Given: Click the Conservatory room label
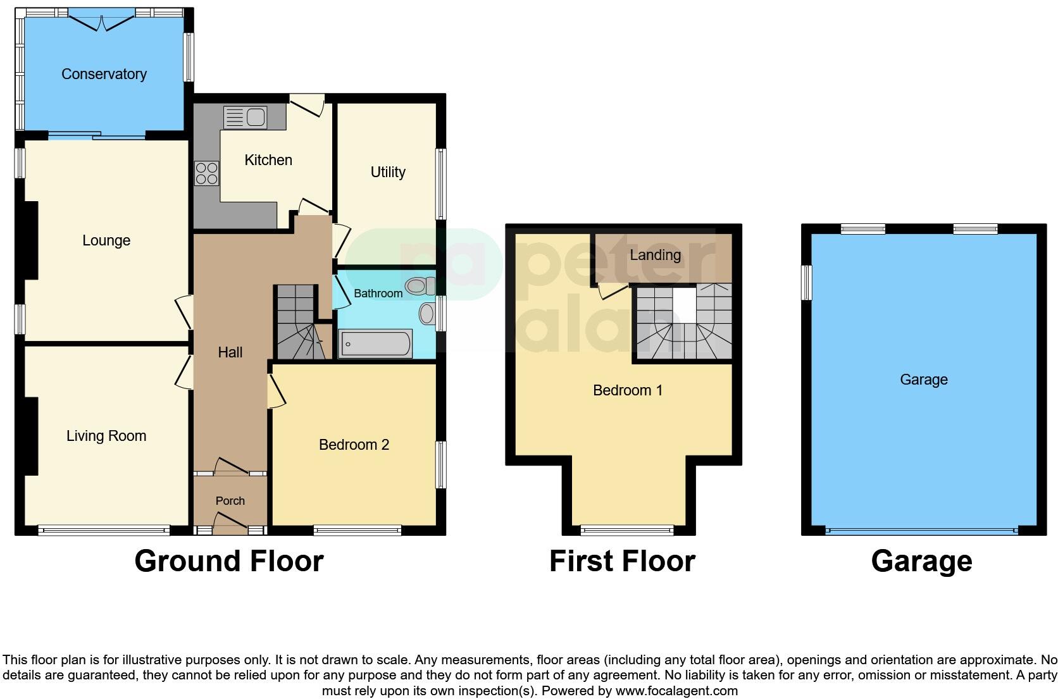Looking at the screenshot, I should tap(104, 74).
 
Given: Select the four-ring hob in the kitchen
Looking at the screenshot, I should tap(206, 173).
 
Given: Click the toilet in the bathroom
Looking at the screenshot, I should tap(420, 286).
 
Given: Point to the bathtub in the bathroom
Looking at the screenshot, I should tap(376, 344).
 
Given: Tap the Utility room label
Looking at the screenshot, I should tap(388, 172).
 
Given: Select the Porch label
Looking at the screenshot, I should tap(230, 500).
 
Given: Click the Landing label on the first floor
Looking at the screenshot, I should tap(655, 255).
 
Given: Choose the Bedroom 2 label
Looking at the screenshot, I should tap(354, 445).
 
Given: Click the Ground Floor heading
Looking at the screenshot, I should tap(228, 561).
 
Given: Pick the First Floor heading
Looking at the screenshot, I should tap(622, 561).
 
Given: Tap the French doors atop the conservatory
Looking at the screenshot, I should tap(101, 21).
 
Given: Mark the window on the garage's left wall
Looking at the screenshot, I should tap(806, 282).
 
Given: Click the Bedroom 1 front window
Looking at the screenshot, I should tap(627, 530).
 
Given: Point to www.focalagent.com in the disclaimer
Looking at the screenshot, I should tap(676, 691).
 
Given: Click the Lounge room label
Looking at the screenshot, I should tap(106, 240).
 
